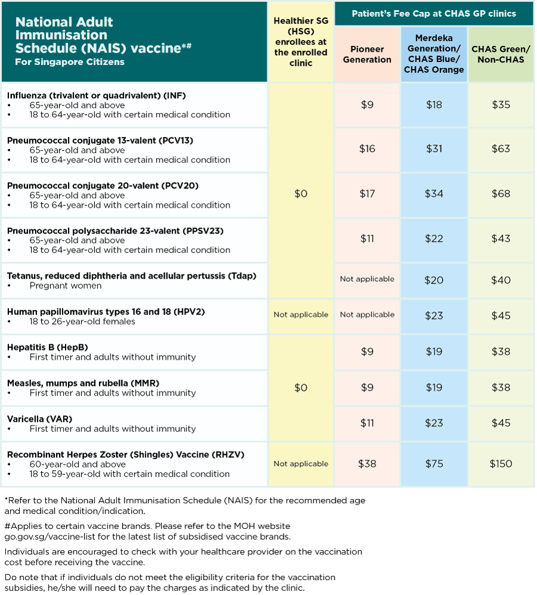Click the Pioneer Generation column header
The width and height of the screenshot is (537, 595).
coord(367,54)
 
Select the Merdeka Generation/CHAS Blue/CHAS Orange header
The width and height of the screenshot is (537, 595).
coord(434,54)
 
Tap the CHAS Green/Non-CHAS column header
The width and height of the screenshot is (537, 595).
coord(501,54)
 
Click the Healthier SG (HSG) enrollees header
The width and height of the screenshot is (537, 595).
coord(300,42)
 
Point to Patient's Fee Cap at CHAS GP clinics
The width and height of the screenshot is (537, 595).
coord(434,13)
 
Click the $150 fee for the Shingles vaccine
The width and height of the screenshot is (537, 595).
coord(501,464)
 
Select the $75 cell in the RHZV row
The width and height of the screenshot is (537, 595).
coord(434,464)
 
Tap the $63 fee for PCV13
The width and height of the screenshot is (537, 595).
coord(501,149)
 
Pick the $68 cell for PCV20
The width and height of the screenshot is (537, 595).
coord(501,194)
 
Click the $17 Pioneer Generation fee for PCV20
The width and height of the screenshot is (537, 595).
coord(367,194)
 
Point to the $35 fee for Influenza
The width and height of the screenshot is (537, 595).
coord(501,105)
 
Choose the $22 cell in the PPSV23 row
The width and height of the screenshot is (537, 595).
coord(434,238)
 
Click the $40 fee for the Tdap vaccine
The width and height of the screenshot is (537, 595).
coord(501,280)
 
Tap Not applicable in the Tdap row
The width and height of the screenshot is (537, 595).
coord(367,279)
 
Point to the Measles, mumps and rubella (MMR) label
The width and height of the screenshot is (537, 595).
coord(83,383)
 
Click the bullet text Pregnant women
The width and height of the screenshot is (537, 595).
coord(66,286)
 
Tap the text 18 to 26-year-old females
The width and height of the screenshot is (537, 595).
coord(82,322)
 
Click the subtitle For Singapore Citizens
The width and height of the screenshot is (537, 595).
coord(70,62)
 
